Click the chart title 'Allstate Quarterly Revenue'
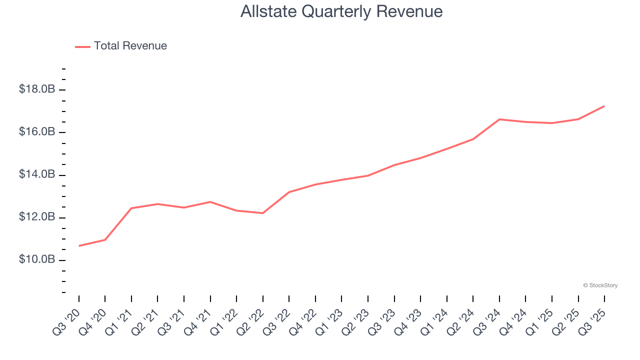coord(341,11)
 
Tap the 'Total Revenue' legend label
coord(130,46)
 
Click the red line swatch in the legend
coord(82,46)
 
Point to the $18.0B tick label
coord(37,89)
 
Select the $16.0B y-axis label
coord(37,132)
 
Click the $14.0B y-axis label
coord(37,174)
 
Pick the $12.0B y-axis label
coord(37,217)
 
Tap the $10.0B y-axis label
coord(37,260)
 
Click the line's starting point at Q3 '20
coord(79,245)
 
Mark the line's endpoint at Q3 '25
coord(604,106)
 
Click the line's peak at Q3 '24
coord(499,119)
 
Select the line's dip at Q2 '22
coord(262,213)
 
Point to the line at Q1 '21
coord(131,208)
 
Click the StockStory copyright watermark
coord(600,285)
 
